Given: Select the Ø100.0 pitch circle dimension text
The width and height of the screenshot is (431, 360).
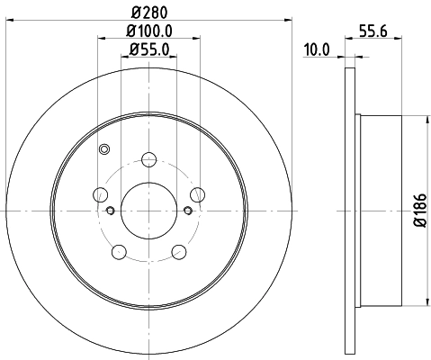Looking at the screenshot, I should click(x=148, y=31).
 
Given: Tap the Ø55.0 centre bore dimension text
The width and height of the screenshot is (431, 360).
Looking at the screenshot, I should click(x=148, y=50).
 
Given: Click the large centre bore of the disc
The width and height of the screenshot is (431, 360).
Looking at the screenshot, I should click(x=148, y=210).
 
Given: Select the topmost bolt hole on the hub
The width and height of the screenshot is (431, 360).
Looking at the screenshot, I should click(x=148, y=161).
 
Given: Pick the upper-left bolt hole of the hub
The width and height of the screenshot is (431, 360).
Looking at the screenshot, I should click(x=102, y=194).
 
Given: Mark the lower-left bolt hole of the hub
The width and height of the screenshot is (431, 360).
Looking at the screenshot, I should click(x=120, y=249).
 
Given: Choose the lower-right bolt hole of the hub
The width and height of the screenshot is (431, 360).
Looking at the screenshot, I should click(x=178, y=249).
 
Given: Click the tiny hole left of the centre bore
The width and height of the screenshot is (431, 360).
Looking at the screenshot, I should click(x=110, y=211).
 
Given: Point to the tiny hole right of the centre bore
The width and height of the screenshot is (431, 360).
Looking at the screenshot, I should click(x=187, y=211).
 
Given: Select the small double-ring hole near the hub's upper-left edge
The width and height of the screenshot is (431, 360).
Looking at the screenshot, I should click(x=103, y=149).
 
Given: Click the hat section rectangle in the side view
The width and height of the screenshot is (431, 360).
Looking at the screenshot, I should click(x=378, y=210).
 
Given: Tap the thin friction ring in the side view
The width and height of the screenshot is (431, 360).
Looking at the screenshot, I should click(x=351, y=210).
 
